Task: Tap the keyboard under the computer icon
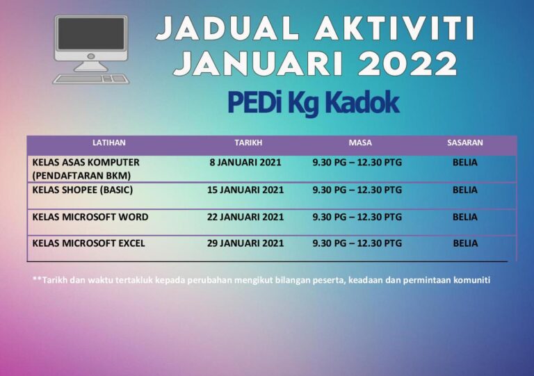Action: pyautogui.click(x=91, y=79)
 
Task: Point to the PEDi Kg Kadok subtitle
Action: pyautogui.click(x=313, y=103)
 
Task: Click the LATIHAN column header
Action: pyautogui.click(x=108, y=142)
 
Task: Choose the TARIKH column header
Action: pyautogui.click(x=248, y=142)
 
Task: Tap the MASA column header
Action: pyautogui.click(x=360, y=142)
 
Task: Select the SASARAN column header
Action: pyautogui.click(x=464, y=142)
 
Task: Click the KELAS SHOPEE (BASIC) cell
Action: pyautogui.click(x=83, y=189)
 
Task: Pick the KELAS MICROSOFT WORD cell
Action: pyautogui.click(x=90, y=217)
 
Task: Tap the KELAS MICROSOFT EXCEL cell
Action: pyautogui.click(x=89, y=243)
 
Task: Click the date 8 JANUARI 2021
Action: pyautogui.click(x=245, y=163)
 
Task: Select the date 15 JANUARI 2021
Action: pyautogui.click(x=245, y=189)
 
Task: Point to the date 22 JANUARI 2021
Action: pyautogui.click(x=245, y=217)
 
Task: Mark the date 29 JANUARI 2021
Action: pyautogui.click(x=245, y=243)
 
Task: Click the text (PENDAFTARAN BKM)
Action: pyautogui.click(x=81, y=175)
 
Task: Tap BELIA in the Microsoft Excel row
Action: pyautogui.click(x=465, y=243)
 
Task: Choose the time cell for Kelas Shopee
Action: pyautogui.click(x=357, y=189)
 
